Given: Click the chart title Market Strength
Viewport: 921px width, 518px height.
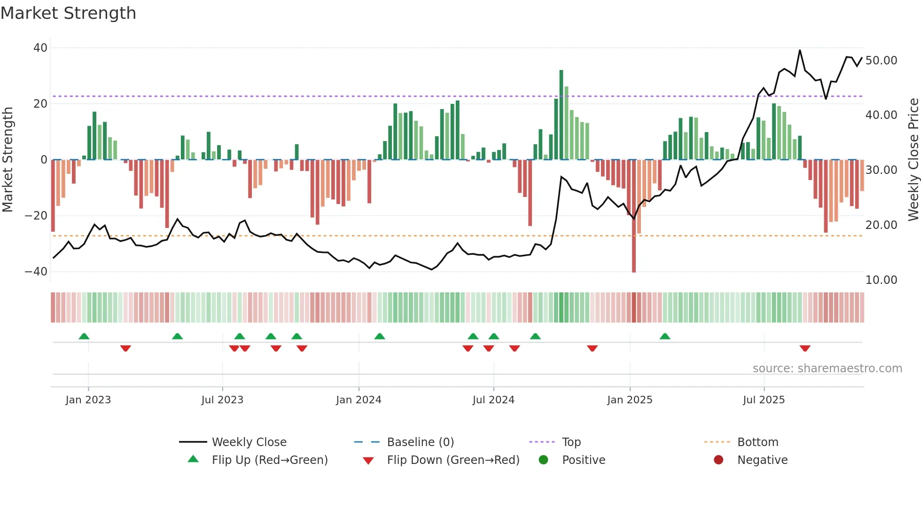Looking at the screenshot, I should [x=68, y=13].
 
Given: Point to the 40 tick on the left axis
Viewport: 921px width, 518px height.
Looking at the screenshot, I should [x=40, y=48].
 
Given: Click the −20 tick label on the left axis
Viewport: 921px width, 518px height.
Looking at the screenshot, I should [x=36, y=216].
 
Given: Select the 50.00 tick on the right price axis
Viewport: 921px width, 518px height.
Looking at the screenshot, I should [x=881, y=61].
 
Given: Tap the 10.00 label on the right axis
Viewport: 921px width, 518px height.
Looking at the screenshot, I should [x=881, y=280].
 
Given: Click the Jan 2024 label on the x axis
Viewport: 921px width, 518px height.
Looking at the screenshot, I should [x=359, y=400].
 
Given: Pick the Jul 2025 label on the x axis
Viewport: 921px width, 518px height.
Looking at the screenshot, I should [x=764, y=400].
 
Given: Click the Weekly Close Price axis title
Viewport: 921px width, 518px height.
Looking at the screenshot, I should [x=913, y=160].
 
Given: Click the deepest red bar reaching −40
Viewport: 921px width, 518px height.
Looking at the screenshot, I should [x=634, y=216].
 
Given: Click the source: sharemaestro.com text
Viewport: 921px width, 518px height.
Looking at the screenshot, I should [x=827, y=369].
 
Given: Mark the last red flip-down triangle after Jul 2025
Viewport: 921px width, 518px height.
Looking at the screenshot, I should [x=805, y=348].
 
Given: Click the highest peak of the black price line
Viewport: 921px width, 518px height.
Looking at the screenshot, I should [x=800, y=50].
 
